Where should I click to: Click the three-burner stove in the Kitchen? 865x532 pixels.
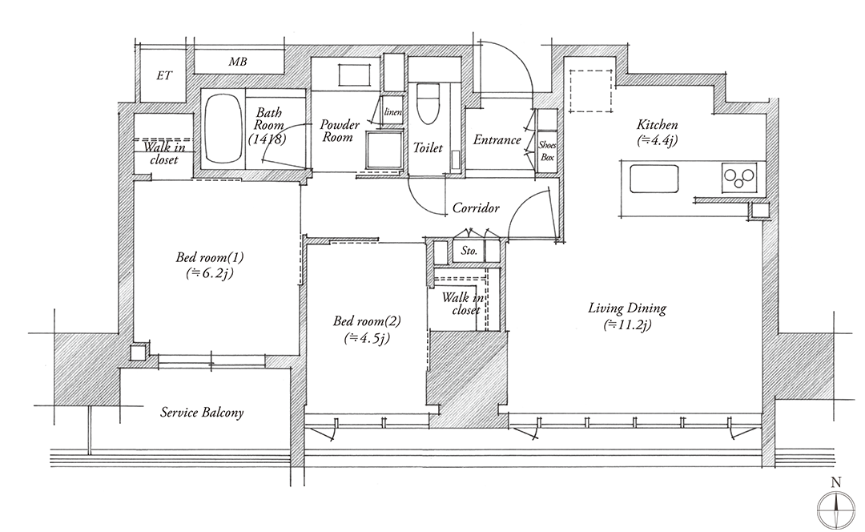pos(739,176)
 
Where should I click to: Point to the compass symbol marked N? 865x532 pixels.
pos(836,502)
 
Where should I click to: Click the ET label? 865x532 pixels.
pos(164,75)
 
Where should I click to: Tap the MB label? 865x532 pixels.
pos(238,62)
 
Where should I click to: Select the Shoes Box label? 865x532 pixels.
pos(547,151)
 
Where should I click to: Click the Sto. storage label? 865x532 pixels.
pos(469,251)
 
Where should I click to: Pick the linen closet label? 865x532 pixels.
pos(392,112)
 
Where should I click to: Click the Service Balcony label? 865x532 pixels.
pos(202,413)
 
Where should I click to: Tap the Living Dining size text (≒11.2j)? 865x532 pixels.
pos(627,324)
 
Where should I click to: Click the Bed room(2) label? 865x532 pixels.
pos(367,320)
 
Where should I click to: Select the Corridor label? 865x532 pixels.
pos(476,208)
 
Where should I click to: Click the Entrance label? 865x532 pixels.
pos(497,139)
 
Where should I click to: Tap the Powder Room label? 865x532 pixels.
pos(340,131)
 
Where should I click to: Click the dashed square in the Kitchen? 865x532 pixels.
pos(591,91)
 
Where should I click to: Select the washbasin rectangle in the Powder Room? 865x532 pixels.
pos(353,75)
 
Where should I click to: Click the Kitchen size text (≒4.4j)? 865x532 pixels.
pos(657,140)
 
